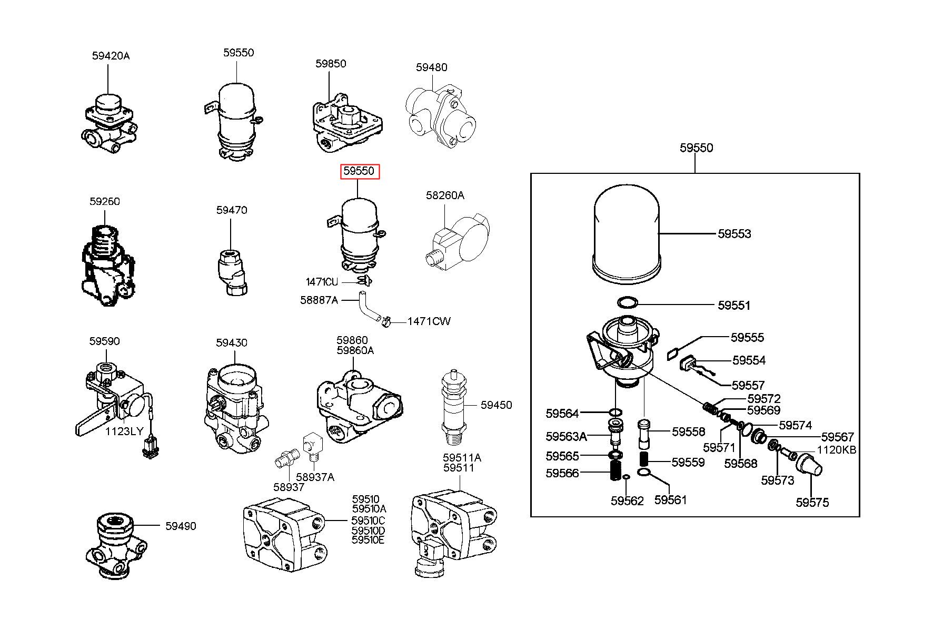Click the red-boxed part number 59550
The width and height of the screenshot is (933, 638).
pos(359,171)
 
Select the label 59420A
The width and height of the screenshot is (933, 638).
pos(111,56)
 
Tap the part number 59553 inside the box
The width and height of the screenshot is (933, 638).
pos(735,234)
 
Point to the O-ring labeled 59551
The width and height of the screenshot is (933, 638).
pos(627,303)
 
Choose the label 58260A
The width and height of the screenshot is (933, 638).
pos(445,195)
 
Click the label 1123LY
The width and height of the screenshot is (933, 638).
pos(124,431)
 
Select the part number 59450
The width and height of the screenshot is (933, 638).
pos(496,405)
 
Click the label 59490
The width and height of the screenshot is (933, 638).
pos(181,526)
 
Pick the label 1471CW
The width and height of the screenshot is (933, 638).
pos(429,321)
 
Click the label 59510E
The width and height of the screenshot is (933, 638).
pos(369,540)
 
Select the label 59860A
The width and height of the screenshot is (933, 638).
pos(355,350)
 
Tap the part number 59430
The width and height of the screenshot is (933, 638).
pos(231,343)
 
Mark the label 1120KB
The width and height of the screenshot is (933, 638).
pos(837,450)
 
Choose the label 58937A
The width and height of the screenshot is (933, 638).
pos(315,477)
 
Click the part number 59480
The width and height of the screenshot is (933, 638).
pos(432,67)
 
